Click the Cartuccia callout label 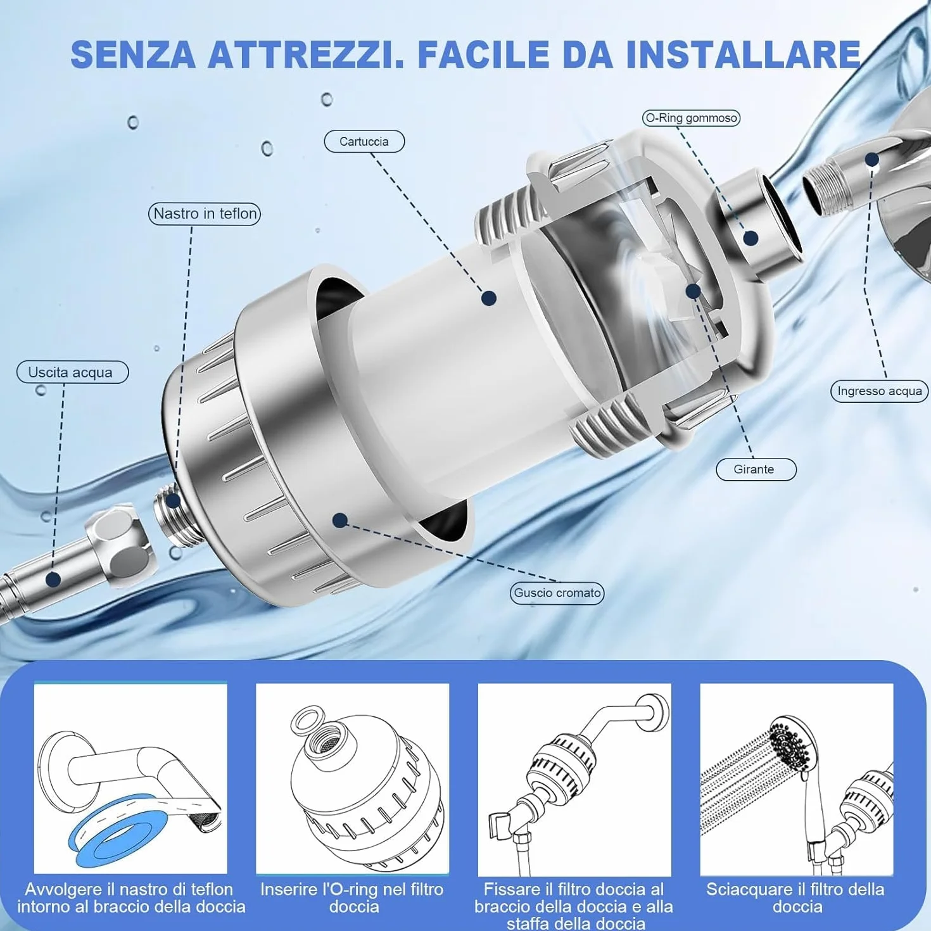click(x=364, y=142)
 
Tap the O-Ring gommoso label click(x=691, y=118)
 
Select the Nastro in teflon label click(x=205, y=213)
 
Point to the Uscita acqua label click(x=72, y=372)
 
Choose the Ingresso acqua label click(x=879, y=391)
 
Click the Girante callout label click(x=756, y=469)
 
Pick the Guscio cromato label click(x=557, y=593)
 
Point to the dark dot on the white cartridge click(x=489, y=298)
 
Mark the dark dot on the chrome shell click(x=340, y=521)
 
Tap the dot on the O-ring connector click(x=750, y=238)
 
